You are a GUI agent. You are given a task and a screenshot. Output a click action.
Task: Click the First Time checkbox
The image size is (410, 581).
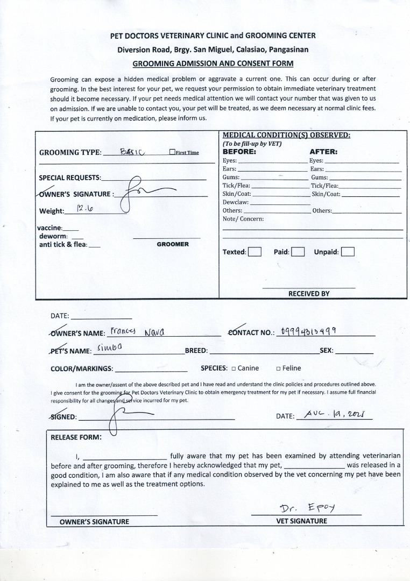click(172, 152)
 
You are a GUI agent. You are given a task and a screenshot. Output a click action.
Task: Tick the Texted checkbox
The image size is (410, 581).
click(255, 252)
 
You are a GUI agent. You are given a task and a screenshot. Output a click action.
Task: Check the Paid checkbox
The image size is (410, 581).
click(298, 252)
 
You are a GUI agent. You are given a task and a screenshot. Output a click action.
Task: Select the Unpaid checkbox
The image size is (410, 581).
click(348, 252)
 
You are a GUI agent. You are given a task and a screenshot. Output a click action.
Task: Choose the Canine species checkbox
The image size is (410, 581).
click(234, 369)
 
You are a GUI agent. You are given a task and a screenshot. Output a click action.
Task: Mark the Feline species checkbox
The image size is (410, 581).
click(278, 369)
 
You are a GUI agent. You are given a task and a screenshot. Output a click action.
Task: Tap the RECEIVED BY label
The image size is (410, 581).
click(309, 294)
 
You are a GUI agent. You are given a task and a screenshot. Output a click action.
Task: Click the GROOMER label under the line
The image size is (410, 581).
click(173, 244)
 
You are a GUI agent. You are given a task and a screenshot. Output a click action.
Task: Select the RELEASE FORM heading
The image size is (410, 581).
click(76, 437)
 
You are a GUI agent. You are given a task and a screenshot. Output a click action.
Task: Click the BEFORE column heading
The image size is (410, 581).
click(239, 152)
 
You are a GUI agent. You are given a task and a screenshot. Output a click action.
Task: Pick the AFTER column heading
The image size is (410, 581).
click(323, 152)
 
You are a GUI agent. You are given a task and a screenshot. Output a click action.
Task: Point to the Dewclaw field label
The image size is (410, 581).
click(236, 202)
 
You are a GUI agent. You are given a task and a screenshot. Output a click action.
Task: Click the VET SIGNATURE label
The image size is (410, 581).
click(301, 521)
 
